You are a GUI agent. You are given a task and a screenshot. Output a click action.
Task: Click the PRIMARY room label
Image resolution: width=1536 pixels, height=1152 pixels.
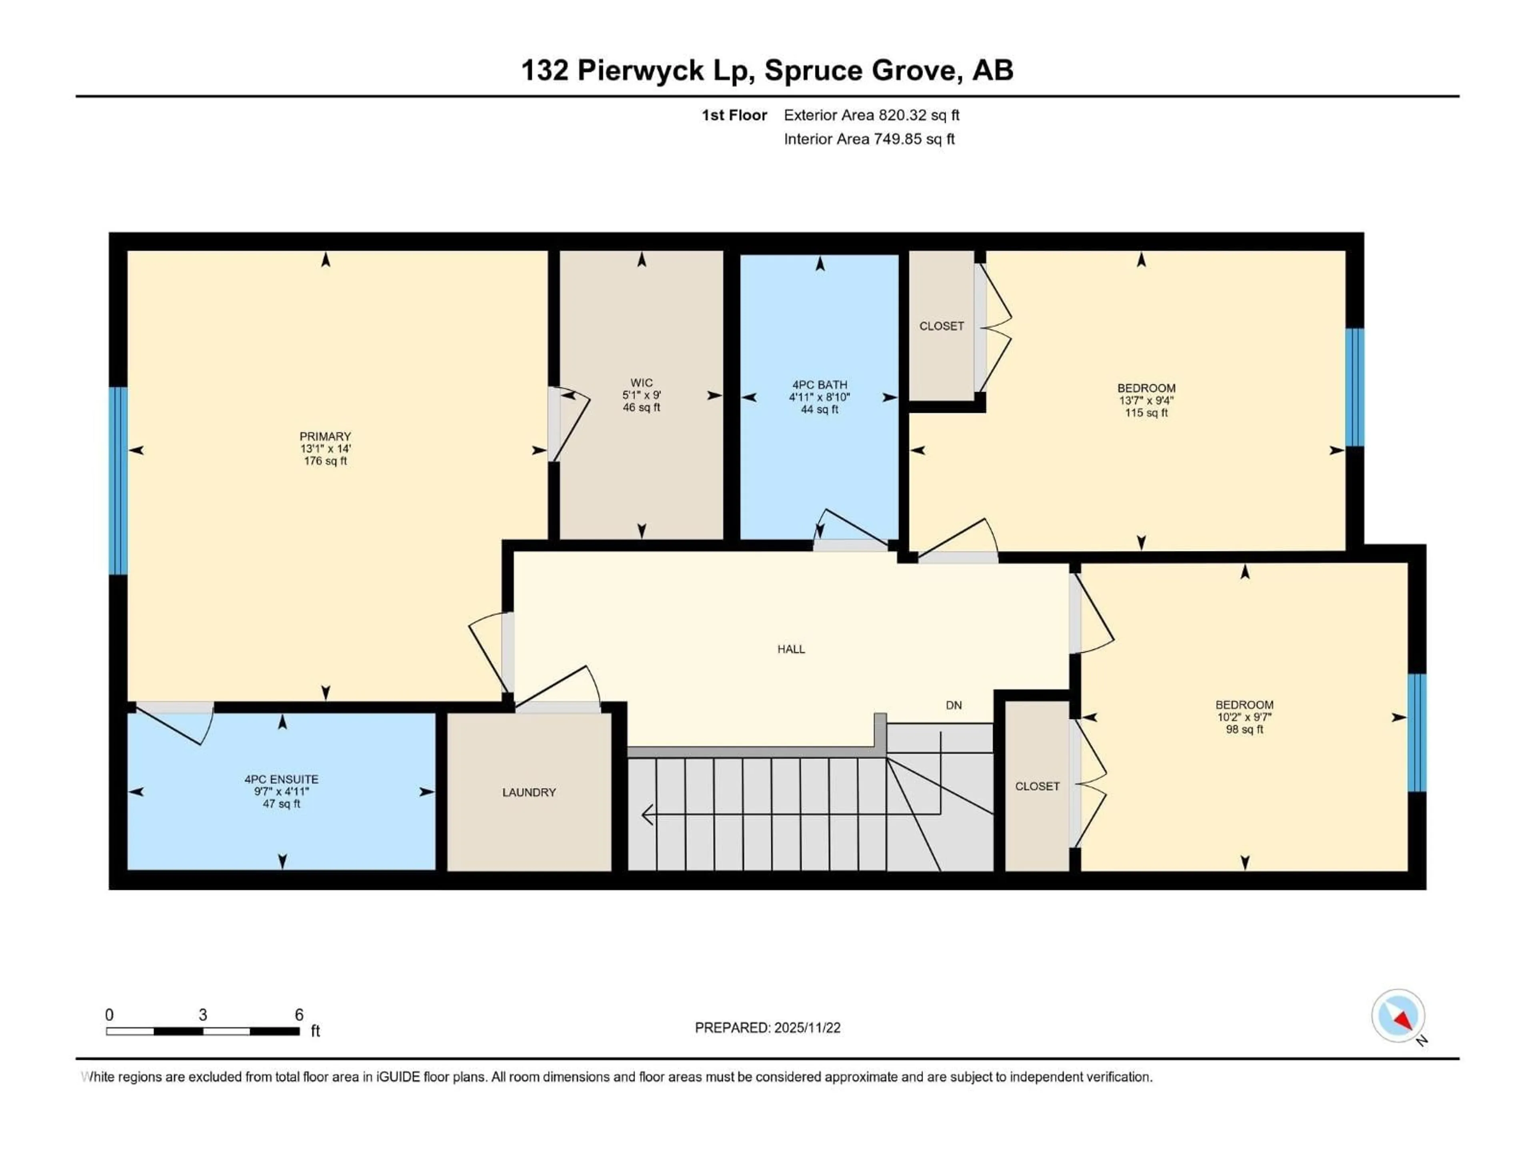click(x=325, y=436)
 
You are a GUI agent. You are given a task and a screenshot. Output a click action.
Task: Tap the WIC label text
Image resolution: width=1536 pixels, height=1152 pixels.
click(x=641, y=383)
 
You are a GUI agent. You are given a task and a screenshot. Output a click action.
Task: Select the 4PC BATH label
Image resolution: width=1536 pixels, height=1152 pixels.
click(x=819, y=385)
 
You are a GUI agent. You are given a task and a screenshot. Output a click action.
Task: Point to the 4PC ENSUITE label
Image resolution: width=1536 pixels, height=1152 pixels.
click(x=281, y=779)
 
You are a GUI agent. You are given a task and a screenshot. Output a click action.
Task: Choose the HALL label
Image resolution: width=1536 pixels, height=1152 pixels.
click(x=791, y=649)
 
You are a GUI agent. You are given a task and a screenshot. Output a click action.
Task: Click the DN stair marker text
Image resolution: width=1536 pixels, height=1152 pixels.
click(x=954, y=706)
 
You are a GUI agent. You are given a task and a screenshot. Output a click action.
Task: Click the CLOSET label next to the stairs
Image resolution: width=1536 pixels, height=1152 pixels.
click(x=1037, y=786)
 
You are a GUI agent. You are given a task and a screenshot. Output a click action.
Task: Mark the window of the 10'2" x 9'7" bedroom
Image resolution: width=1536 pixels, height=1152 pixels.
click(x=1416, y=732)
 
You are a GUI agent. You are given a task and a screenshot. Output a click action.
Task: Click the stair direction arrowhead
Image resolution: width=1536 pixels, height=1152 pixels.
click(x=647, y=814)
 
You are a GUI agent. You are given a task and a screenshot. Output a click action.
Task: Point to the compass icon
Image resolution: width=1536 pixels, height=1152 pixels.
click(x=1398, y=1016)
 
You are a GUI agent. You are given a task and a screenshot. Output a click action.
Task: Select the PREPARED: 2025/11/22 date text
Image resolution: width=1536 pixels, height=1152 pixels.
click(x=767, y=1028)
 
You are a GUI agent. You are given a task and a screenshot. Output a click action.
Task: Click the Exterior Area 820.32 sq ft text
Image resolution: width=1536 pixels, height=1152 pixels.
click(x=872, y=115)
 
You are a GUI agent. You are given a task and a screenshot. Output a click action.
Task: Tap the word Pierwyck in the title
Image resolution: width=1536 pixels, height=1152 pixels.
click(x=640, y=70)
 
